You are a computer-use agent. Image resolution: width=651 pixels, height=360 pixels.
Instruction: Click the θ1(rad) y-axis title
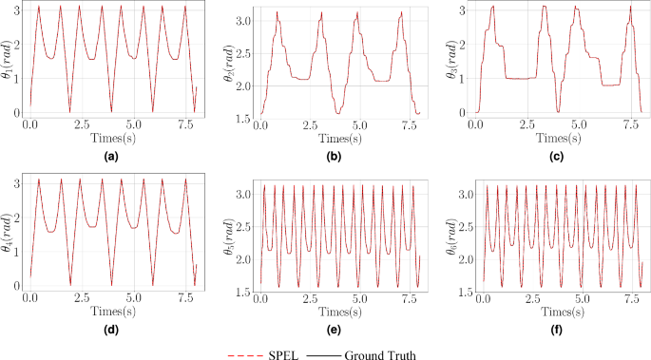point(9,59)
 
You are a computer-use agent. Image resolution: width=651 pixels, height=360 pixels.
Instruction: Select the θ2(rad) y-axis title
point(227,59)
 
